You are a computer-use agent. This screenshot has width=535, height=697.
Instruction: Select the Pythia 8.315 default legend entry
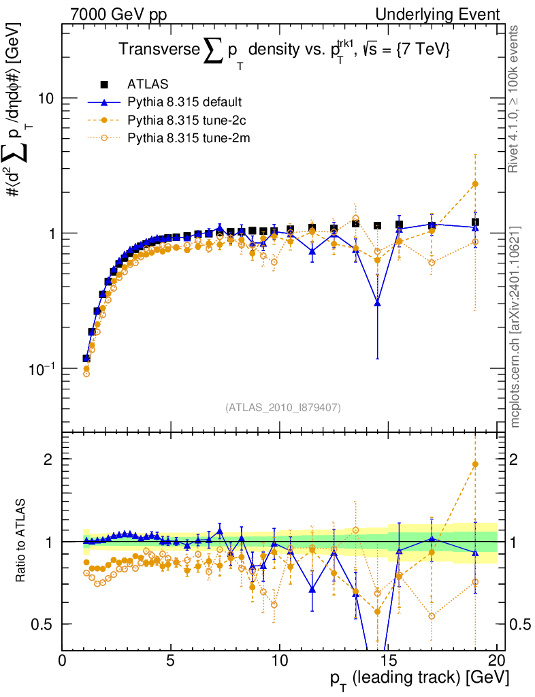tap(184, 103)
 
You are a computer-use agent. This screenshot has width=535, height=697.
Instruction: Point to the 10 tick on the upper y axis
tap(46, 98)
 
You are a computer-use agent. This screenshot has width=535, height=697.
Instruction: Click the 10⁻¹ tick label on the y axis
tap(42, 368)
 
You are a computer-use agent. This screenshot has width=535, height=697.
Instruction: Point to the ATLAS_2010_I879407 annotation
tap(283, 407)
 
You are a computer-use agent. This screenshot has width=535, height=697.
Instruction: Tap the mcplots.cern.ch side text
tap(515, 327)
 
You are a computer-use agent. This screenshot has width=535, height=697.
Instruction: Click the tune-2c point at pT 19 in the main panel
tap(475, 184)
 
